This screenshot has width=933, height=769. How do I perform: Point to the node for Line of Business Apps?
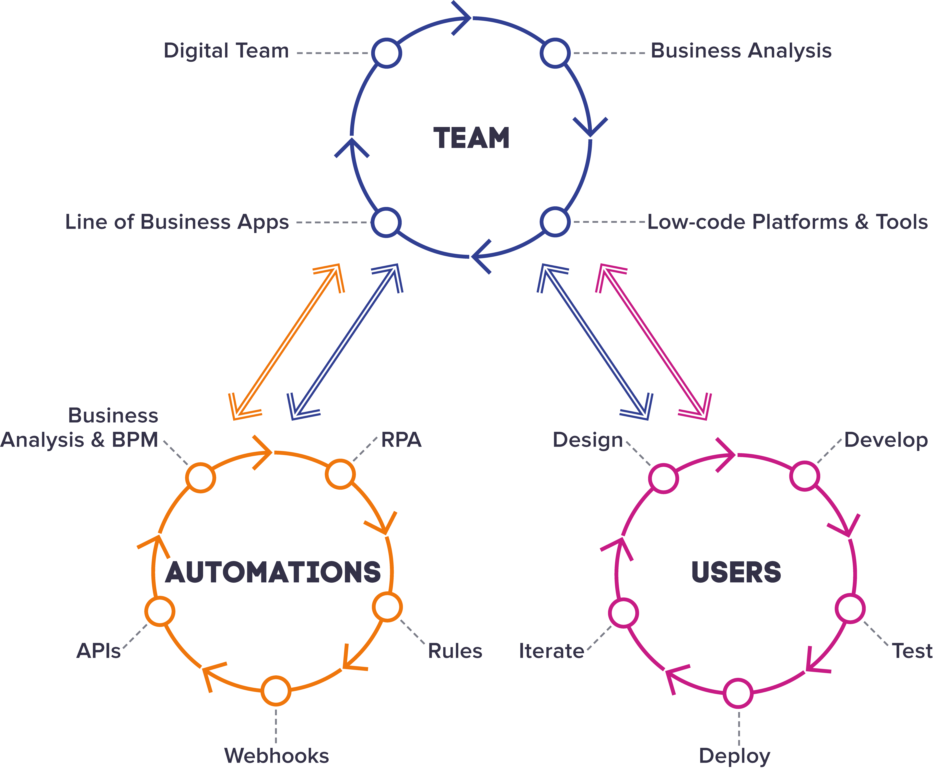[x=386, y=222]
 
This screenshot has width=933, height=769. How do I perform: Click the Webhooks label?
[x=277, y=756]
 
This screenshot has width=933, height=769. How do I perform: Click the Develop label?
[x=886, y=440]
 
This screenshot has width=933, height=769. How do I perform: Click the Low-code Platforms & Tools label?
[x=787, y=222]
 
